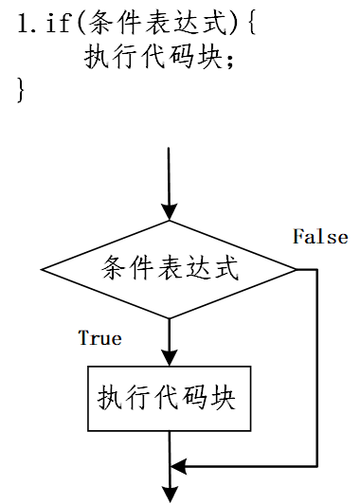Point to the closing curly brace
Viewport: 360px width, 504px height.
pos(21,91)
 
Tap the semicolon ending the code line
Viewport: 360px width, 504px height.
pos(229,59)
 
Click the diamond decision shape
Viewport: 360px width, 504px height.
pos(170,269)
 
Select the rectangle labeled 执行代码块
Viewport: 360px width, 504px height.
pos(170,398)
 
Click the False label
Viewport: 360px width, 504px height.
pos(319,237)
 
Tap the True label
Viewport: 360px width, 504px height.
pos(99,337)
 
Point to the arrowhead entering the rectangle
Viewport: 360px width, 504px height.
pos(170,357)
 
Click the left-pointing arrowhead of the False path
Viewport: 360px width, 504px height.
pos(179,466)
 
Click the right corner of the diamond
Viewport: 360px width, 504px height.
pos(296,269)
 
